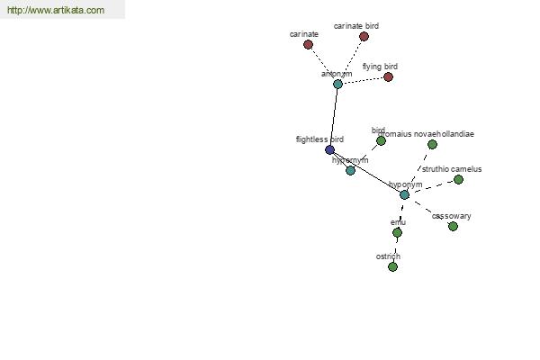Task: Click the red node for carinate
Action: pyautogui.click(x=308, y=44)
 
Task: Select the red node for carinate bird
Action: pyautogui.click(x=364, y=37)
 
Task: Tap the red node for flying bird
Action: pyautogui.click(x=388, y=76)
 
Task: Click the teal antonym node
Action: pyautogui.click(x=337, y=84)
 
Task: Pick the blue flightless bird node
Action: pyautogui.click(x=329, y=149)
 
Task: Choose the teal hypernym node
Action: pyautogui.click(x=350, y=170)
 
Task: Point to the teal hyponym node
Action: pyautogui.click(x=404, y=194)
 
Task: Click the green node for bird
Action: pyautogui.click(x=381, y=140)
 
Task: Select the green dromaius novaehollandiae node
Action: pyautogui.click(x=432, y=144)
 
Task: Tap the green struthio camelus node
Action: pyautogui.click(x=458, y=179)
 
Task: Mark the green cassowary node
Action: pyautogui.click(x=453, y=226)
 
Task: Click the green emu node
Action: pyautogui.click(x=397, y=232)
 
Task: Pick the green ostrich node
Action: pyautogui.click(x=392, y=266)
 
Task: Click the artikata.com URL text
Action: pyautogui.click(x=55, y=11)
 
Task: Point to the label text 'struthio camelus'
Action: pyautogui.click(x=452, y=169)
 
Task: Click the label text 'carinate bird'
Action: pyautogui.click(x=356, y=26)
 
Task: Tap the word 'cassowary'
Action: pyautogui.click(x=451, y=216)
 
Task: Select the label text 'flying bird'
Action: pyautogui.click(x=380, y=67)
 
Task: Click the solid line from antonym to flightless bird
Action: pyautogui.click(x=334, y=117)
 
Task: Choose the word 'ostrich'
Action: pyautogui.click(x=388, y=256)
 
